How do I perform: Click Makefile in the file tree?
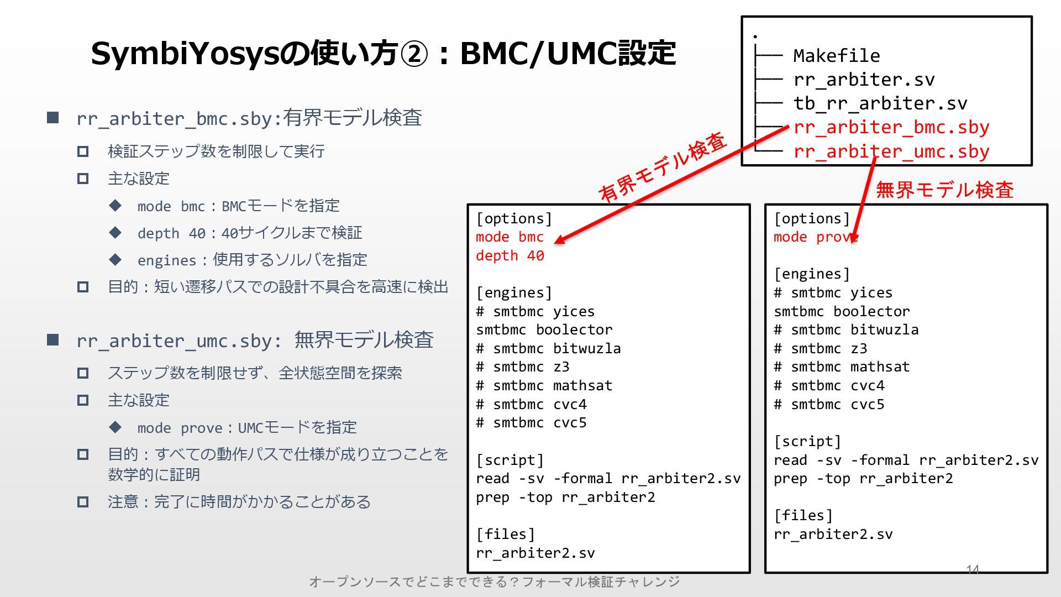click(x=836, y=56)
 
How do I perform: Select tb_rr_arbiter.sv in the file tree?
click(x=880, y=103)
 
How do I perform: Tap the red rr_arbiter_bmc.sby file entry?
click(x=891, y=128)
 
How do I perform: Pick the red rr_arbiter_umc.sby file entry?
click(x=891, y=151)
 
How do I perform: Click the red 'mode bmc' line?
click(x=510, y=237)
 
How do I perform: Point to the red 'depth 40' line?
click(x=510, y=256)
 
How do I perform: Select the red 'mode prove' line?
click(x=816, y=237)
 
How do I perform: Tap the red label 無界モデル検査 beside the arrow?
click(x=944, y=190)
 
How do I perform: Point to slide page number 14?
click(x=973, y=569)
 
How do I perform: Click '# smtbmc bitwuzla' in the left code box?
click(x=548, y=349)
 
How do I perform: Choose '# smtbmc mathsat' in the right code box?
click(x=841, y=367)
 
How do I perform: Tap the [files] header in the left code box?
click(x=505, y=535)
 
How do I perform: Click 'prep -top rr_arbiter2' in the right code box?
click(x=863, y=479)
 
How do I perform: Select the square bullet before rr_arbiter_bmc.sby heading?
click(x=53, y=117)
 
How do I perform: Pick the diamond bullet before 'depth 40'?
click(x=115, y=233)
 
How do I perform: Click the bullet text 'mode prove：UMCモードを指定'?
click(x=246, y=428)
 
